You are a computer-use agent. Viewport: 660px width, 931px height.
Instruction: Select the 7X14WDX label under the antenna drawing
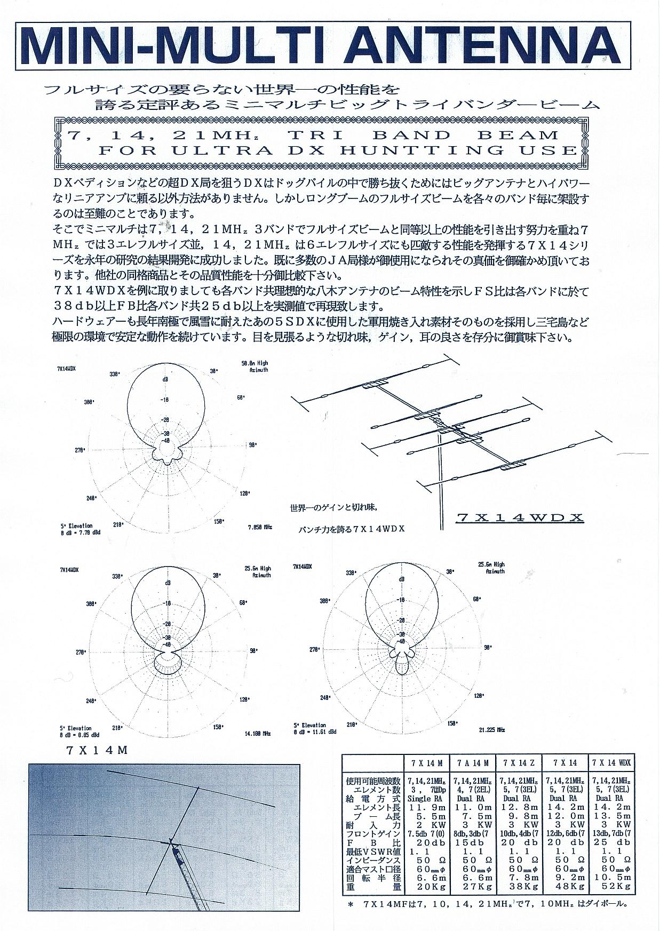point(520,517)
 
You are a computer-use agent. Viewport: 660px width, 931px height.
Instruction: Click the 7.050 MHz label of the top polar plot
point(260,527)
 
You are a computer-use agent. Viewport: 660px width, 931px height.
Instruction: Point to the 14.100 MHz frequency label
point(258,734)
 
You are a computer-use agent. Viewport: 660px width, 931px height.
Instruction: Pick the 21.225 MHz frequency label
point(491,729)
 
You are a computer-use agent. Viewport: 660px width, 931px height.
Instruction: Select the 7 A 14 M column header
point(473,763)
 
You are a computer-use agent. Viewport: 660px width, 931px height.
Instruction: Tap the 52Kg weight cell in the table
point(611,887)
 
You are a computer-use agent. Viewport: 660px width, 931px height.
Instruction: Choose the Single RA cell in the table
point(426,798)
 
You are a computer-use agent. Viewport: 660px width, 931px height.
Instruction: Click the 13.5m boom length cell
point(611,816)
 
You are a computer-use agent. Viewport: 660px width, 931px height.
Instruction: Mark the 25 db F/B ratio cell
point(611,842)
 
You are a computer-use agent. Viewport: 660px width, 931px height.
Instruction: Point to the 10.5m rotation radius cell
point(611,878)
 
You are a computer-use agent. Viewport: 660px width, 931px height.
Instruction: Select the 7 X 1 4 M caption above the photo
point(97,750)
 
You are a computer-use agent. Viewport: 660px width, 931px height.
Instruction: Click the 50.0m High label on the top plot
point(255,363)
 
